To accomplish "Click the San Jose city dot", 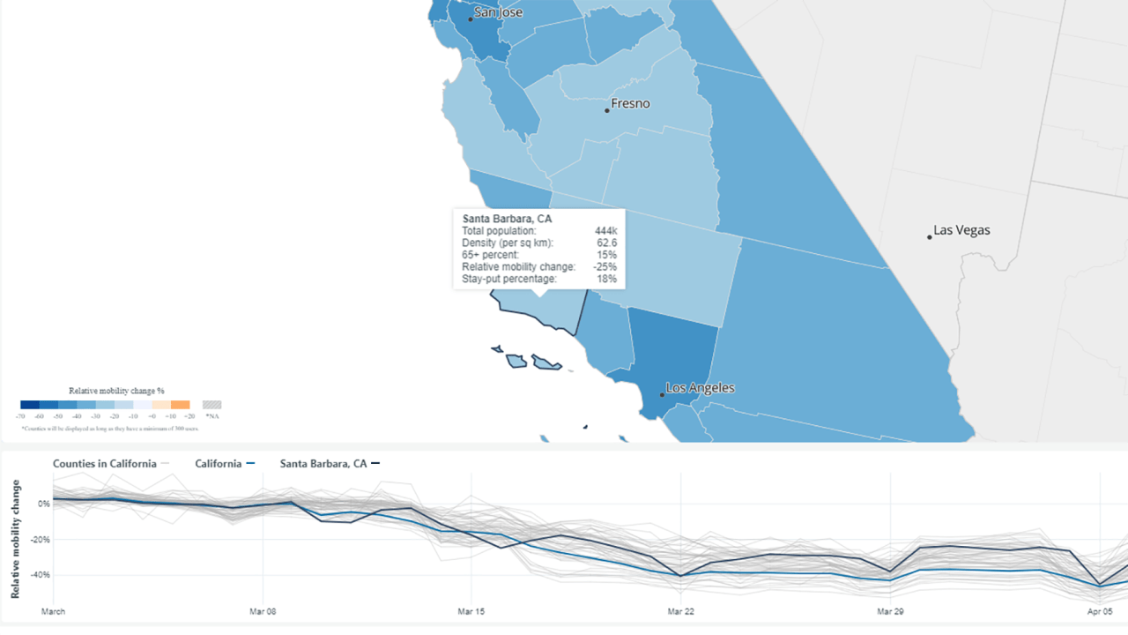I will point(471,19).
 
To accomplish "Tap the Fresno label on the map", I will point(630,103).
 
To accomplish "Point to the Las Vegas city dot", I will point(929,236).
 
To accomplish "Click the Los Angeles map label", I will point(700,388).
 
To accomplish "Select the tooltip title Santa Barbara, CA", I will point(507,219).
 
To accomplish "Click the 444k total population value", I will point(605,231).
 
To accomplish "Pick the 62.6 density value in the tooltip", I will point(606,243).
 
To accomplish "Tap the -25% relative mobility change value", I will point(605,266).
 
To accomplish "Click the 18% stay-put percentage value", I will point(607,279).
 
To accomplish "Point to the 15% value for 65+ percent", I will point(607,255).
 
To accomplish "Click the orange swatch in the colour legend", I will point(180,405).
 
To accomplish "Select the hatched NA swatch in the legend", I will point(211,405).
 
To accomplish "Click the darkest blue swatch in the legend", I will point(30,405).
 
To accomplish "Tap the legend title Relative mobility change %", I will point(116,390).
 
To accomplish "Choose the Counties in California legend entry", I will point(105,464).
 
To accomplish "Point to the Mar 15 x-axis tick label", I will point(471,611).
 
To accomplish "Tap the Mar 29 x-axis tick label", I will point(890,611).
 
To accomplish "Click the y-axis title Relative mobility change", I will point(15,539).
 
